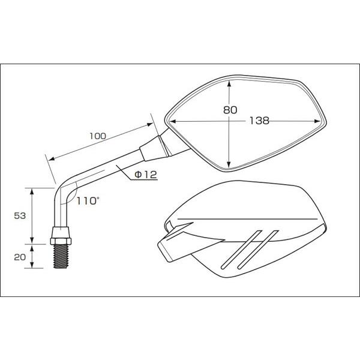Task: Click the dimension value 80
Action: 230,110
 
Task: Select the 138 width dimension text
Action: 259,121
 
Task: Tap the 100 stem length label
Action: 98,136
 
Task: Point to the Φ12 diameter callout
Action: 146,175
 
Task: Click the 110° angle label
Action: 88,201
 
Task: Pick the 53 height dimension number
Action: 20,216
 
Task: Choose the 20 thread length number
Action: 20,257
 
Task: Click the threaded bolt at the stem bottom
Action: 61,256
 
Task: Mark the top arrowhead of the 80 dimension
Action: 229,83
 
